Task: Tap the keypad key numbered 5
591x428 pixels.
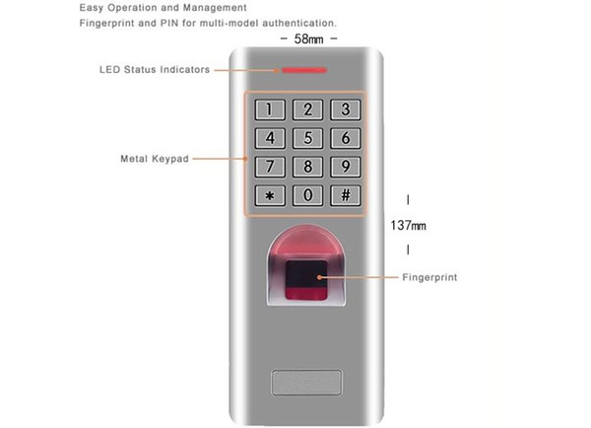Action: [x=308, y=138]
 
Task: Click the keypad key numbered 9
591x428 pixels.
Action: [x=346, y=167]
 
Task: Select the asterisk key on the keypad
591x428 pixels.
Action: [x=270, y=196]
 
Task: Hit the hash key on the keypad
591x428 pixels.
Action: [x=346, y=196]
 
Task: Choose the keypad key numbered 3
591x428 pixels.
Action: [x=346, y=109]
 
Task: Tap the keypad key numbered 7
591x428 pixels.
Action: [x=270, y=167]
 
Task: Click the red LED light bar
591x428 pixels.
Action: [x=304, y=70]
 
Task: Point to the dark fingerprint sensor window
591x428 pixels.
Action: [x=306, y=280]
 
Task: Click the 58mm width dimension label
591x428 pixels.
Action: [x=308, y=38]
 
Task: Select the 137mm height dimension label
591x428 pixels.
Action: [x=408, y=226]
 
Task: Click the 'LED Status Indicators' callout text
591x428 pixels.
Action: [x=155, y=70]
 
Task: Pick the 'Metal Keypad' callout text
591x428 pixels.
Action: [x=155, y=159]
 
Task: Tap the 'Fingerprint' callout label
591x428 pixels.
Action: [x=429, y=277]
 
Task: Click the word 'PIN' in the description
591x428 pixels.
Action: [x=169, y=23]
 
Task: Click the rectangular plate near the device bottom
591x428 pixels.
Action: [x=306, y=383]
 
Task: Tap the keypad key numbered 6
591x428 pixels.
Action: [x=346, y=138]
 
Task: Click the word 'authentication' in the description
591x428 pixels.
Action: [x=298, y=23]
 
